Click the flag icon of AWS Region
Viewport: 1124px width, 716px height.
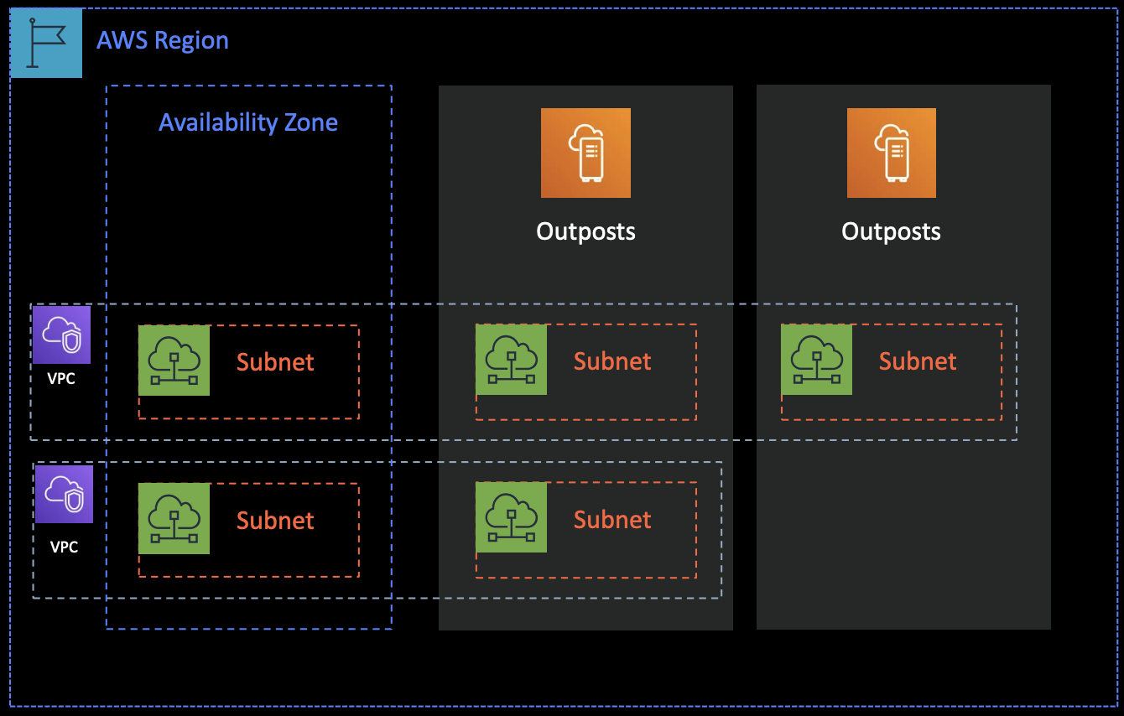(46, 43)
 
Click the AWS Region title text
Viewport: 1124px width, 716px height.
(162, 40)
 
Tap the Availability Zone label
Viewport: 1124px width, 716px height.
(248, 122)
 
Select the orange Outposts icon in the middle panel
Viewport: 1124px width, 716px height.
(585, 153)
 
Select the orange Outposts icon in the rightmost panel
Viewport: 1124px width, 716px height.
(891, 153)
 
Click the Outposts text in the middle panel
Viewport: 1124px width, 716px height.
(585, 231)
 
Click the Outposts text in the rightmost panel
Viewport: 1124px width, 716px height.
(891, 231)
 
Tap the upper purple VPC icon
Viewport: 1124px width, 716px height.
(61, 335)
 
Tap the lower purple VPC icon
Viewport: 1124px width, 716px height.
(64, 494)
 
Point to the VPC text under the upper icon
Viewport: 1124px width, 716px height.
(61, 379)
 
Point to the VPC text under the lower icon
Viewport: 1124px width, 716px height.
(64, 547)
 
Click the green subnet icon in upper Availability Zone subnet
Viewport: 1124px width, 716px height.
(174, 360)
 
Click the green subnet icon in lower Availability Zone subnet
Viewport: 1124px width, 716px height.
(174, 518)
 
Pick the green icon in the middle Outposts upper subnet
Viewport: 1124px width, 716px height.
(511, 359)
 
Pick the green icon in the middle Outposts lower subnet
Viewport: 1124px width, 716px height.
(511, 517)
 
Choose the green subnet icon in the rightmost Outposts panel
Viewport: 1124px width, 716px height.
(816, 359)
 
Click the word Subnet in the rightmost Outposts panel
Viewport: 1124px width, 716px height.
(918, 361)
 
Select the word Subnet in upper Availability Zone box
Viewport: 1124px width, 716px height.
(275, 362)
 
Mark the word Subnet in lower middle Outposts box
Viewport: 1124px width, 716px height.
(612, 520)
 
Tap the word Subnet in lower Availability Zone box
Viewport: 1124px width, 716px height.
(275, 521)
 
